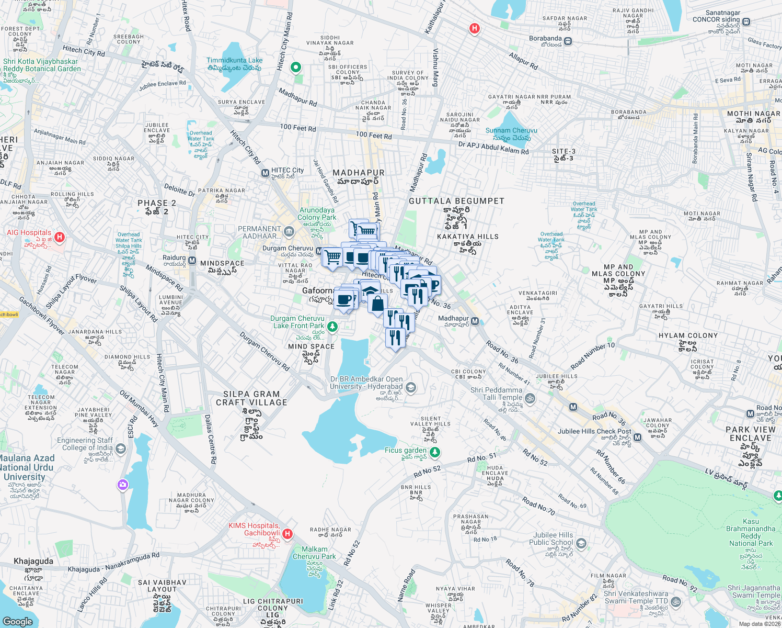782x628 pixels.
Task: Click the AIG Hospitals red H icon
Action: (x=59, y=237)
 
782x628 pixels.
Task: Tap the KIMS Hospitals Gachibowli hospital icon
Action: (x=287, y=534)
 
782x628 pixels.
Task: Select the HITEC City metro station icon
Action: (x=265, y=173)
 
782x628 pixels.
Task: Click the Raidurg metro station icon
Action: (x=192, y=260)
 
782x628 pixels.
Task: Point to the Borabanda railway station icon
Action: (x=568, y=41)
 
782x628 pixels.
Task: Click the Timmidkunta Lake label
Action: (x=234, y=60)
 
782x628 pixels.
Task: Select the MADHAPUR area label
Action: (x=359, y=173)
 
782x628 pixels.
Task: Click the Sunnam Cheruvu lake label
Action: (x=511, y=131)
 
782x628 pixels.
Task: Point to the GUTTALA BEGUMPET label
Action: (x=456, y=201)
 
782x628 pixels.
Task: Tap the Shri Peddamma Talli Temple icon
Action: (x=530, y=398)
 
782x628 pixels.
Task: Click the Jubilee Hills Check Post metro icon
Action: (x=637, y=437)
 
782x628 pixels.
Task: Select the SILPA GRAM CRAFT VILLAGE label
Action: (x=251, y=398)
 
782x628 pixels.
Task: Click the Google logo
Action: (x=17, y=621)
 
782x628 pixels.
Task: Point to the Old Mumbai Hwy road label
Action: (x=139, y=409)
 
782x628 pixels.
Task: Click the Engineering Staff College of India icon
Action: (x=121, y=448)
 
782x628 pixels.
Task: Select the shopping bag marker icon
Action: (x=377, y=304)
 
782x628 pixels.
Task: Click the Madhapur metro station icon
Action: (x=475, y=321)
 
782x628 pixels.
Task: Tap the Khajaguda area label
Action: (x=33, y=561)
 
